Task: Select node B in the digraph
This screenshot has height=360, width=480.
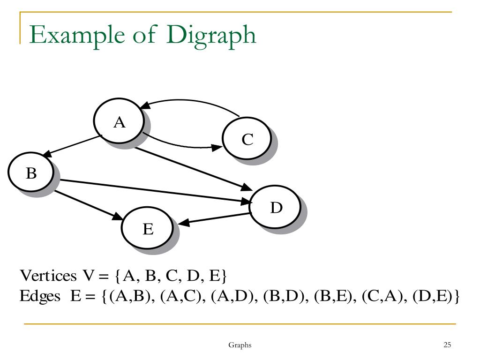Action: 31,174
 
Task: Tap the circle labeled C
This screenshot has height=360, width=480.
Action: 247,139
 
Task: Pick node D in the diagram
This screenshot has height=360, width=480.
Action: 276,207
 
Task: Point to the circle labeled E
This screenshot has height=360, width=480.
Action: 147,229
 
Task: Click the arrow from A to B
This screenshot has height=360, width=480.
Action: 73,145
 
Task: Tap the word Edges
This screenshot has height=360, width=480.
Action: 40,296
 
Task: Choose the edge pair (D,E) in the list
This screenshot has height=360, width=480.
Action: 434,297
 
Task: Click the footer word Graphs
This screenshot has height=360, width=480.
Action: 240,345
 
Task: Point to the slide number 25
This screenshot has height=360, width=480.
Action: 447,345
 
